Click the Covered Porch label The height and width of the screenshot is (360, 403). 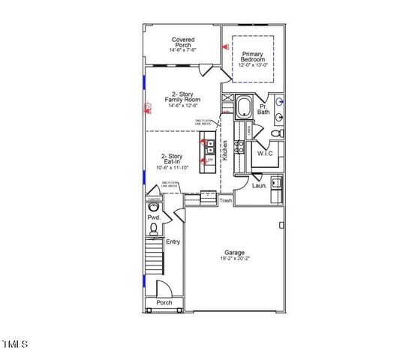(183, 43)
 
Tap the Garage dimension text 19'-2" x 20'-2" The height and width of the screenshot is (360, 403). (235, 259)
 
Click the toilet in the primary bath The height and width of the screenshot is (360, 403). (275, 133)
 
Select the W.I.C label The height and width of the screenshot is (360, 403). (265, 153)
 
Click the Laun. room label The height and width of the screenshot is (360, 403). (260, 184)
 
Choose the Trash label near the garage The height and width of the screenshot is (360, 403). (226, 200)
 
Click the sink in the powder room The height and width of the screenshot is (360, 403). (154, 205)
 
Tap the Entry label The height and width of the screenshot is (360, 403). (173, 241)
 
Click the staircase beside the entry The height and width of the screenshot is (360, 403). (153, 259)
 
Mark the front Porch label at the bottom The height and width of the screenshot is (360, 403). (164, 302)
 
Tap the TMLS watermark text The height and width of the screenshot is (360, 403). (14, 344)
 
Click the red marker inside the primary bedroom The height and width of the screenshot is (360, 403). (224, 47)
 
